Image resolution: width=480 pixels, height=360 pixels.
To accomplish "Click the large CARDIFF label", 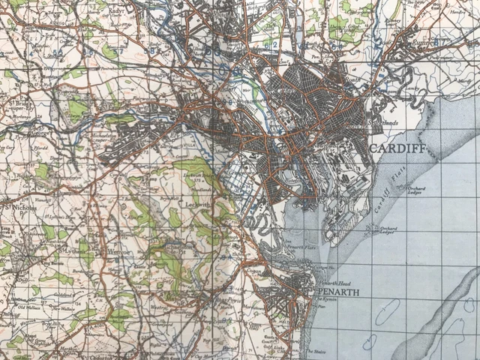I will click(397, 149).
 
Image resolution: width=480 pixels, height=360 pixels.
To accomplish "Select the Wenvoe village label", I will click(114, 250).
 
